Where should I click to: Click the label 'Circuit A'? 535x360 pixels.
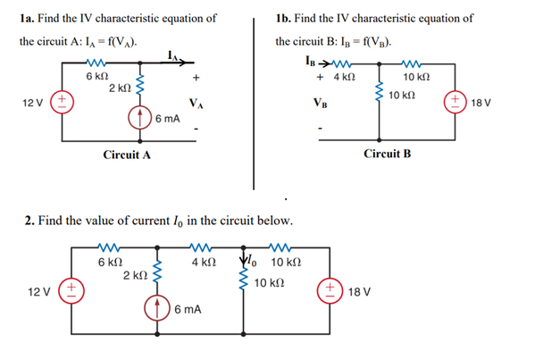click(126, 155)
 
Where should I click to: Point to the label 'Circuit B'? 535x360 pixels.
click(388, 154)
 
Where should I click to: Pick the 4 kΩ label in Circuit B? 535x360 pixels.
click(345, 79)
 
